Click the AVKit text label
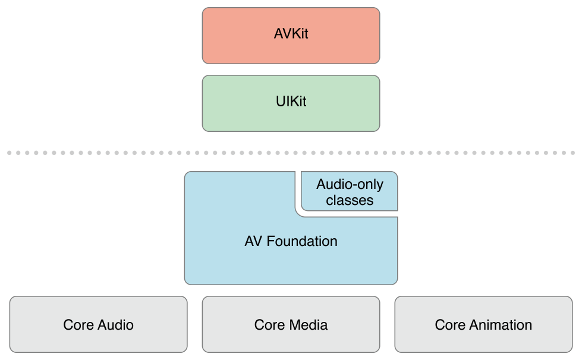point(291,34)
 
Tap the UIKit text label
point(291,102)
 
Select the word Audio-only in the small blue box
point(350,184)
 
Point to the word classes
point(350,200)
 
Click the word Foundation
point(302,241)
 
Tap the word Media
point(309,325)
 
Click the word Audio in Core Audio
point(115,325)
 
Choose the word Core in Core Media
point(269,325)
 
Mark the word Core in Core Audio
point(78,325)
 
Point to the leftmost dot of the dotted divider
point(10,153)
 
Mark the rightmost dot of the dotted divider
point(572,153)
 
